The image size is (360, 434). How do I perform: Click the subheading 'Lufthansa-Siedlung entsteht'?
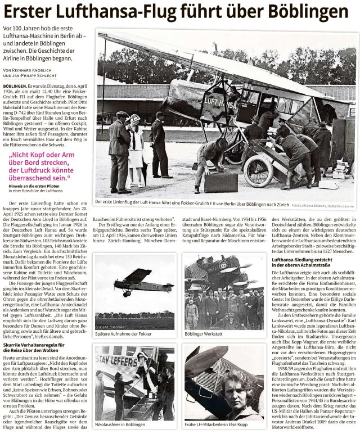pos(304,260)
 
